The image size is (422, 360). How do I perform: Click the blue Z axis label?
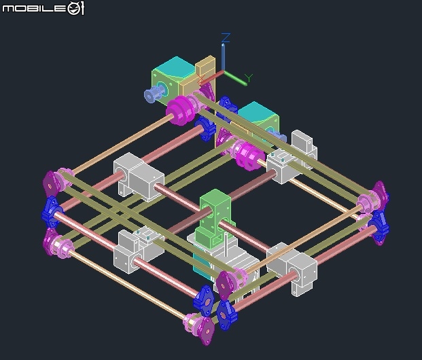coord(226,37)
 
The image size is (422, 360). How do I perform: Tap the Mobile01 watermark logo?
coord(43,8)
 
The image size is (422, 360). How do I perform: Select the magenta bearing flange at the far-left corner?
coord(52,182)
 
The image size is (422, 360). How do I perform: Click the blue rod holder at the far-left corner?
coord(52,211)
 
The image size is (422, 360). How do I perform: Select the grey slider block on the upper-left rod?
coord(135,175)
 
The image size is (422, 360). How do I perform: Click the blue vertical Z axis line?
coord(223,58)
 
